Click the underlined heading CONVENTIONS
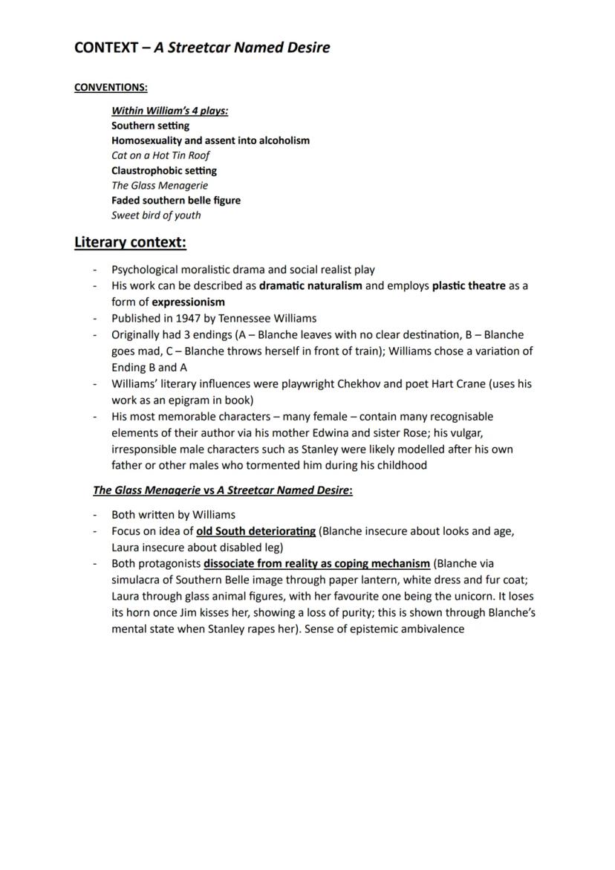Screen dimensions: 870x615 point(111,88)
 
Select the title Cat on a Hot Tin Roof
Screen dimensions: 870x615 point(160,155)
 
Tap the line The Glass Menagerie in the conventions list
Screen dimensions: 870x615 point(160,185)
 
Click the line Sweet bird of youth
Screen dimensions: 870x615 point(156,215)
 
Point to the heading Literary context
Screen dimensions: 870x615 point(130,242)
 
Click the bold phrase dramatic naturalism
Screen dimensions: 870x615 point(310,285)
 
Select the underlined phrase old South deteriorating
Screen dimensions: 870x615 point(256,531)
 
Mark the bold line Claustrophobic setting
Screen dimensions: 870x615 point(164,170)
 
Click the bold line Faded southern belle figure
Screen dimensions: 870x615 point(176,200)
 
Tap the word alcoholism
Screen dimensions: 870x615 point(284,140)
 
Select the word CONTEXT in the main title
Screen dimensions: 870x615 point(105,48)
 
